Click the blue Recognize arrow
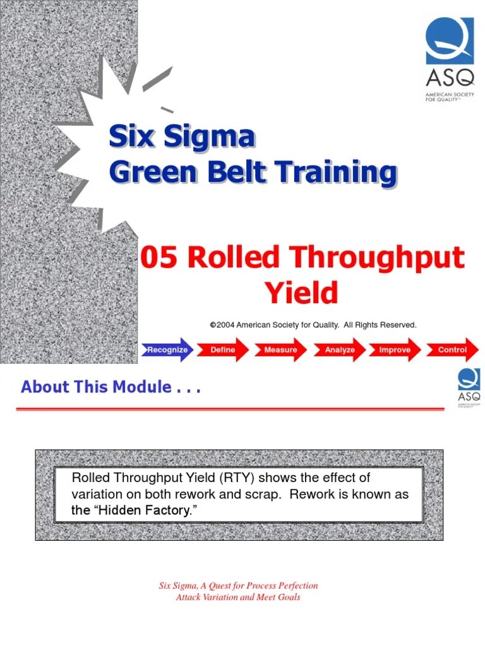coord(167,349)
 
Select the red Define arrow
coord(223,349)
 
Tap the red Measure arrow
coord(280,349)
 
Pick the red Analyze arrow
coord(340,349)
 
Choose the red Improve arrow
coord(395,349)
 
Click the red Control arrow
coord(452,349)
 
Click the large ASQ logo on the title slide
coord(449,59)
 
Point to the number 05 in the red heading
coord(158,259)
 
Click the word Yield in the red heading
coord(301,293)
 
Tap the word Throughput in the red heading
coord(378,259)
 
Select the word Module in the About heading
coord(141,387)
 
